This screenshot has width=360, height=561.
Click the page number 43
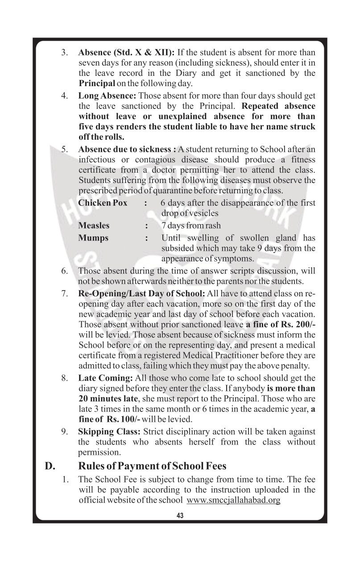pos(180,515)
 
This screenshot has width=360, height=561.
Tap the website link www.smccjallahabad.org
pos(233,500)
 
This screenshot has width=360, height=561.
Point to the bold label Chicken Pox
pos(103,203)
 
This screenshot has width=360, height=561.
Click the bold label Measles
pos(94,225)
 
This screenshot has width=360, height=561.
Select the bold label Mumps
pos(93,237)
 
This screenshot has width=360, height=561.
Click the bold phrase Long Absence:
pos(107,96)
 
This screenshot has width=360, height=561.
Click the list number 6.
pos(65,271)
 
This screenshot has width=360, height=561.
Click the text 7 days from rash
pos(191,225)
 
